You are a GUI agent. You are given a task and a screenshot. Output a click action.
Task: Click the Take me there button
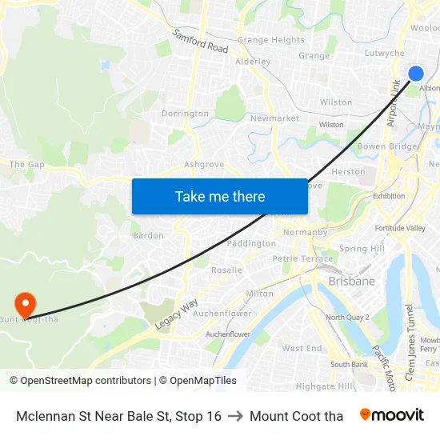click(220, 196)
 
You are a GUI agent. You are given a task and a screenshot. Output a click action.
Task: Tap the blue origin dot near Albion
click(416, 74)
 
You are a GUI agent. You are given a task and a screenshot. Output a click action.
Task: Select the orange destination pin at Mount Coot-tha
click(26, 303)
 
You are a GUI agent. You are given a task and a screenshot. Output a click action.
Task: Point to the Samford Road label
click(201, 42)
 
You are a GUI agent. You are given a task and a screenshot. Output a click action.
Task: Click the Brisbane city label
click(351, 282)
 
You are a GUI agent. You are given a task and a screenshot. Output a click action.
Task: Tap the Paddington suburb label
click(251, 243)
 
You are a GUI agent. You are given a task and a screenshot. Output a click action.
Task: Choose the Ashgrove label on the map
click(204, 165)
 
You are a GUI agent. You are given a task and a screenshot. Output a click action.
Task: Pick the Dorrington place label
click(185, 114)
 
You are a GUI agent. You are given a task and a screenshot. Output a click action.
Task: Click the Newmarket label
click(274, 118)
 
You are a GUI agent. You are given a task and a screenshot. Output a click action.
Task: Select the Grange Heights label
click(270, 40)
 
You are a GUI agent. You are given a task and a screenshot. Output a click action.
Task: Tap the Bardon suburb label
click(148, 235)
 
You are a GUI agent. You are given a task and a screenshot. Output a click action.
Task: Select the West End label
click(302, 348)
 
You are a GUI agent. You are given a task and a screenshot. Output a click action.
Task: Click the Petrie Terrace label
click(302, 258)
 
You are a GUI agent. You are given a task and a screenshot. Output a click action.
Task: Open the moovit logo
click(392, 415)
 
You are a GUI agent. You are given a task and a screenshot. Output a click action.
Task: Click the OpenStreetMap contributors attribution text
click(82, 381)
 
